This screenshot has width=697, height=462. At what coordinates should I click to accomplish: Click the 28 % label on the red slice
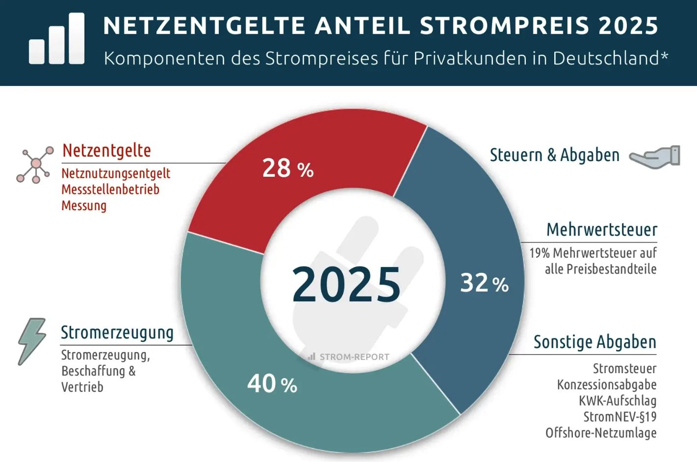pos(287,168)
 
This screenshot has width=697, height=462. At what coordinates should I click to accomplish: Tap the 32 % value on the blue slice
pos(484,283)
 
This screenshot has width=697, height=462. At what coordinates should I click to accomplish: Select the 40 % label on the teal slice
pos(272,383)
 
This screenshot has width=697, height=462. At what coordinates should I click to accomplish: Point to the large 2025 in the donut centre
pos(346,284)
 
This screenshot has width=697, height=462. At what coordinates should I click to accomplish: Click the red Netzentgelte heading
pos(106,150)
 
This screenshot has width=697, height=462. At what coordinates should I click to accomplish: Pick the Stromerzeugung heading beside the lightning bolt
pos(117,332)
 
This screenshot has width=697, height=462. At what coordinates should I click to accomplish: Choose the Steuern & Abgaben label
pos(554,155)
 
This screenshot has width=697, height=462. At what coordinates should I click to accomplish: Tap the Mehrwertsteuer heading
pos(601,230)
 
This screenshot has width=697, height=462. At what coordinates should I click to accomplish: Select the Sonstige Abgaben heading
pos(594,342)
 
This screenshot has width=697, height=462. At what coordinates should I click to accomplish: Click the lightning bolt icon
pos(32,341)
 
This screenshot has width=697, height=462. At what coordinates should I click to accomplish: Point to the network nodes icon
pos(35,164)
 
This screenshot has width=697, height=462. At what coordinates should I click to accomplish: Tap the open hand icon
pos(655,157)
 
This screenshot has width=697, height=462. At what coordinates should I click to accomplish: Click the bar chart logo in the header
pos(56,39)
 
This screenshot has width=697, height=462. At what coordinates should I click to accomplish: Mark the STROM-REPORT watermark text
pos(354,357)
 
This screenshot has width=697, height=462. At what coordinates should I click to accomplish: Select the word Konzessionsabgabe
pos(606,384)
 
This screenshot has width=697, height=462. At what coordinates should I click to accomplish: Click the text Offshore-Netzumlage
pos(601,433)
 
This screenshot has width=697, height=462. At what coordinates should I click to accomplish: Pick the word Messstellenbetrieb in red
pos(110,190)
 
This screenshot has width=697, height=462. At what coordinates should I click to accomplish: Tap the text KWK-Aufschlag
pos(617,401)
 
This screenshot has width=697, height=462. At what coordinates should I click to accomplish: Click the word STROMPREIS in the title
pos(504,26)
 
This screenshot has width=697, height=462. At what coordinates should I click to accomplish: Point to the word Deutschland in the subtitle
pos(606,58)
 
